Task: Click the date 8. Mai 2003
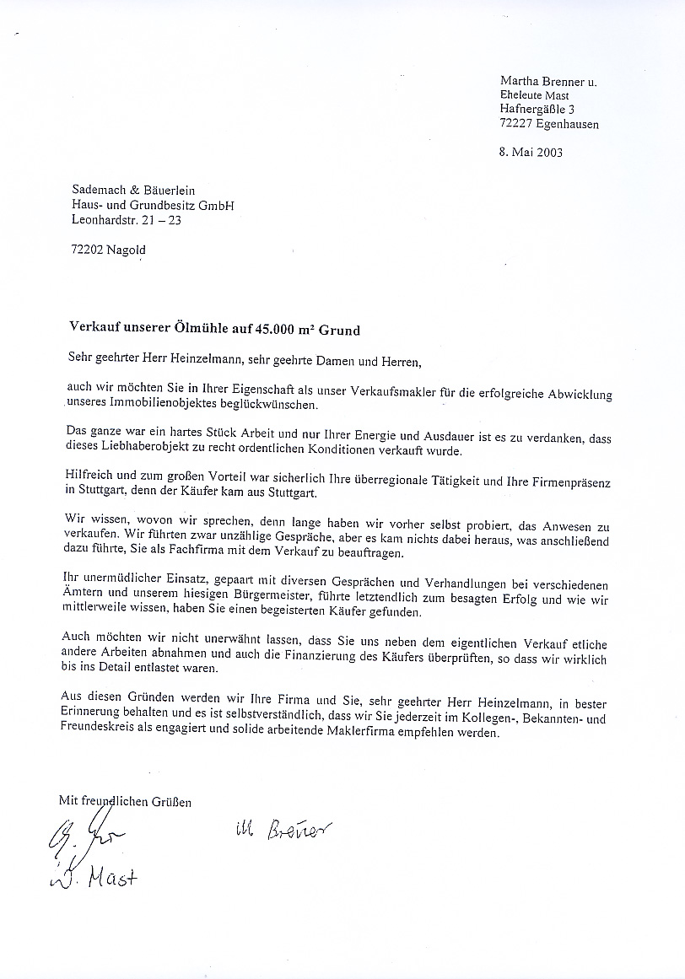[531, 153]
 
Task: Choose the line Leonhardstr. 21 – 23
[126, 221]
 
